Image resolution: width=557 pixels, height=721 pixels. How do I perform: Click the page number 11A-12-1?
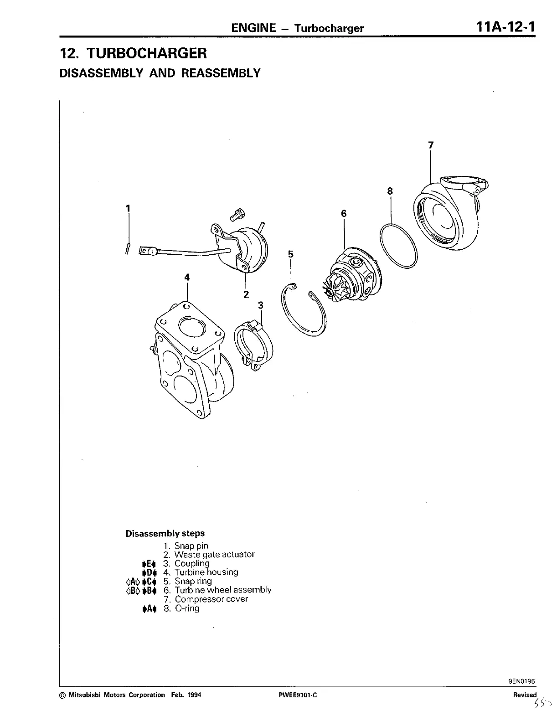[505, 26]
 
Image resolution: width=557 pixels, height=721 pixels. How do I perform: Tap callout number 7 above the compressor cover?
[431, 145]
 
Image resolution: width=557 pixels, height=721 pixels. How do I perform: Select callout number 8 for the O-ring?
[390, 191]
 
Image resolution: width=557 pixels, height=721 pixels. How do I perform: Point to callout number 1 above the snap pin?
[128, 208]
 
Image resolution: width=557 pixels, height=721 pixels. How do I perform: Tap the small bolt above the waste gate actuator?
[237, 215]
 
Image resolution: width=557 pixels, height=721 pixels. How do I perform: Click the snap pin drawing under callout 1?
[128, 248]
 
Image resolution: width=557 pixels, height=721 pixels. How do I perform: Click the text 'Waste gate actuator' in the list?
[214, 554]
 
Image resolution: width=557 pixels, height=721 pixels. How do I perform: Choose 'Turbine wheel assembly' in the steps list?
[223, 590]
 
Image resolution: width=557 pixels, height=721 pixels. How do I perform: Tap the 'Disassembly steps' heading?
[165, 533]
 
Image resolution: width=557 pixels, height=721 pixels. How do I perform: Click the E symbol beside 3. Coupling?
[149, 564]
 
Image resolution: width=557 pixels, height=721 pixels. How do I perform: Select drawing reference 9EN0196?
[521, 682]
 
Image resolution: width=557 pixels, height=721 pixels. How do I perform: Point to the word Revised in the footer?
[525, 695]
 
